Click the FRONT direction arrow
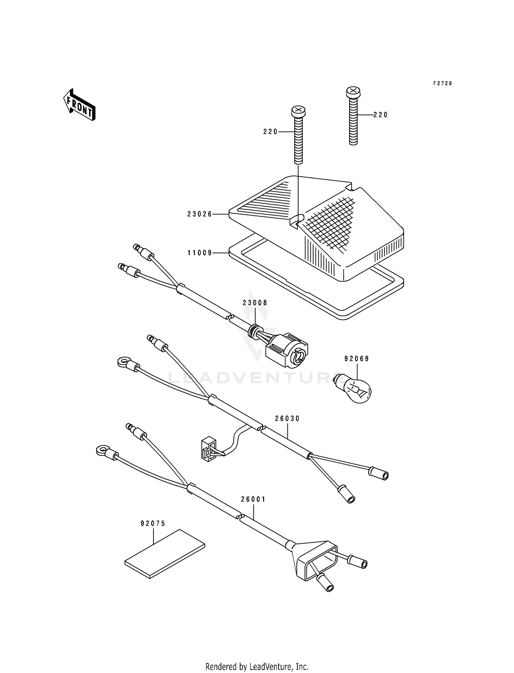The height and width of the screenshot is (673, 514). point(79,104)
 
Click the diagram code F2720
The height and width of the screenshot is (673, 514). point(443,83)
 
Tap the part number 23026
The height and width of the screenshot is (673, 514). point(200,214)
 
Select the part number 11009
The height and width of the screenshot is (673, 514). point(200,253)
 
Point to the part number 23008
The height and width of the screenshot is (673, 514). point(255,303)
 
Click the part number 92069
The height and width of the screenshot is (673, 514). point(357,359)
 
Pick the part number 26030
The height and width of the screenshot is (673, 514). point(287,418)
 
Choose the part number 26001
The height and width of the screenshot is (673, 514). point(253,499)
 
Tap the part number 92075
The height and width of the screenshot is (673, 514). point(153,523)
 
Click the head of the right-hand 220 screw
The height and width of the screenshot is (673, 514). point(353,92)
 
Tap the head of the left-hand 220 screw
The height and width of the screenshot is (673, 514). point(298,111)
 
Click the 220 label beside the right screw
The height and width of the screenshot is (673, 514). point(381,115)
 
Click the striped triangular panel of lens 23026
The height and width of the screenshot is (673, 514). point(271,199)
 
